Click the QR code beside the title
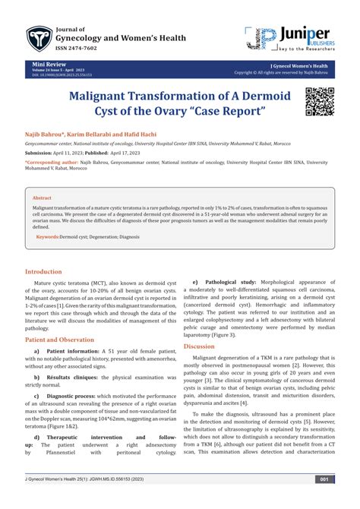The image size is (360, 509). pos(320,100)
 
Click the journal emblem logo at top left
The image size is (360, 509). pos(37,36)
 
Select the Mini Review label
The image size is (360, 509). pos(44,67)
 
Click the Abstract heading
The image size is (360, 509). pos(43,175)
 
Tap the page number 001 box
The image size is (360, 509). pos(323,500)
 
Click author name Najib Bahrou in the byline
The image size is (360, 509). pos(46,134)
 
